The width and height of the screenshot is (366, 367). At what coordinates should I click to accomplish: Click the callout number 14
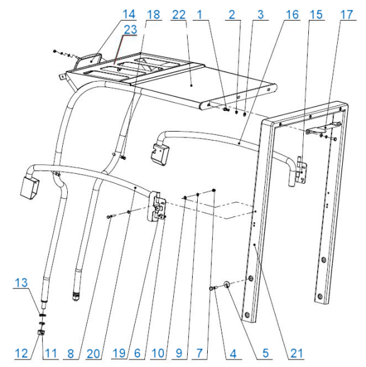click(x=129, y=14)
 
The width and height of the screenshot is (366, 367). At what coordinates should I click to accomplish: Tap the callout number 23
click(x=130, y=29)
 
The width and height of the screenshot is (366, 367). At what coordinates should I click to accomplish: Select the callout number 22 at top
click(x=179, y=15)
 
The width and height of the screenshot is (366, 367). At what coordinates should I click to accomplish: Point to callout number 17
click(x=347, y=15)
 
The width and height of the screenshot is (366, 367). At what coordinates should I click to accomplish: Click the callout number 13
click(x=21, y=283)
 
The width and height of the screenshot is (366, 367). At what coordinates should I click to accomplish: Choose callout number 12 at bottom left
click(x=21, y=353)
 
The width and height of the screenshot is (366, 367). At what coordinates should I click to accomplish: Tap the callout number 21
click(x=297, y=353)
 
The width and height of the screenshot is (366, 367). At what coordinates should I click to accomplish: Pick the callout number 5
click(x=266, y=353)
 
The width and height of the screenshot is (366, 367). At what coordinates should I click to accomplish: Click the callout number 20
click(x=94, y=354)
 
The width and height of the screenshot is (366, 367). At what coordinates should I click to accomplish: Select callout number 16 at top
click(x=293, y=15)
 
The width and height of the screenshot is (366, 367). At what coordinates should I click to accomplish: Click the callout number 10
click(x=158, y=353)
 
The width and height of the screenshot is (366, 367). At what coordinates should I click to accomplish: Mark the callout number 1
click(x=200, y=15)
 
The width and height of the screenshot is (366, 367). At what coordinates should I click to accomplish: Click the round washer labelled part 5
click(x=227, y=285)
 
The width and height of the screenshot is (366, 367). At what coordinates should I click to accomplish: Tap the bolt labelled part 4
click(x=213, y=289)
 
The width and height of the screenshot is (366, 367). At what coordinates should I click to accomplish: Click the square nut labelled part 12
click(x=41, y=332)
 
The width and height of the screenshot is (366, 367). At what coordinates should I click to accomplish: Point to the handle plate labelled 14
click(x=90, y=60)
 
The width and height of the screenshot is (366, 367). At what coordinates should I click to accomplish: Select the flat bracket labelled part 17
click(x=323, y=128)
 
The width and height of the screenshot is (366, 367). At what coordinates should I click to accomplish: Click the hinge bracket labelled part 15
click(x=301, y=170)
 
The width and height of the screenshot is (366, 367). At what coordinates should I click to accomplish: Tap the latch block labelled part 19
click(x=156, y=206)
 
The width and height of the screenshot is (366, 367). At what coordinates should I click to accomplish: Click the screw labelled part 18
click(x=123, y=158)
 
